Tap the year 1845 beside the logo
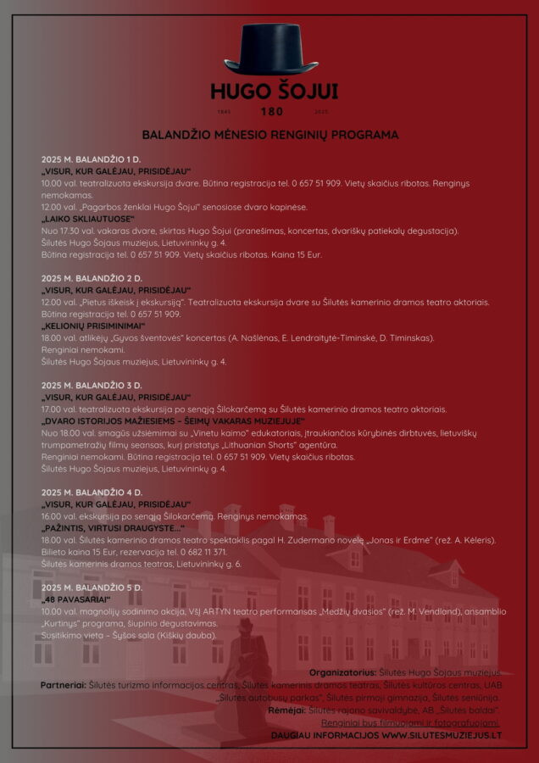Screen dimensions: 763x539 pos(224,112)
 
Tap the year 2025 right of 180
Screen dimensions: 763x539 pos(321,112)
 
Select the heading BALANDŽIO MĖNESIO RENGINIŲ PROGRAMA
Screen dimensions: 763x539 pos(269,135)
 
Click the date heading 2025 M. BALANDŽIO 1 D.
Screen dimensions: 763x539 pos(91,159)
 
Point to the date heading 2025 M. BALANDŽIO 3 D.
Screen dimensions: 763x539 pos(92,386)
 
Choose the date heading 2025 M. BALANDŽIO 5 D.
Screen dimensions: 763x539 pos(92,588)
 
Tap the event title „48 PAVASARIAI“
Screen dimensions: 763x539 pos(77,599)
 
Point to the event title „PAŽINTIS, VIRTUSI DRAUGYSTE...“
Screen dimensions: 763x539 pos(113,528)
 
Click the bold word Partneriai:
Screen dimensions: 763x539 pos(64,684)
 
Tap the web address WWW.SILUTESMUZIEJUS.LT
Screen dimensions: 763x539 pos(441,735)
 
